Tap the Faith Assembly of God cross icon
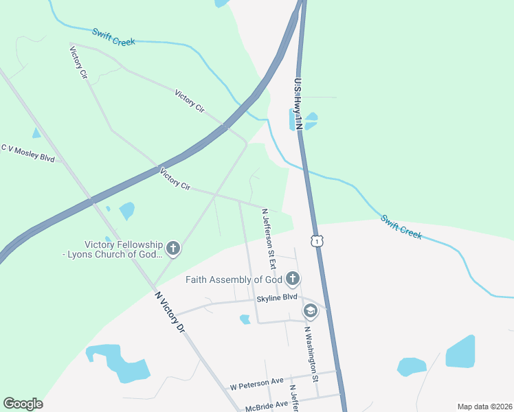pyautogui.click(x=293, y=278)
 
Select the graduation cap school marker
pyautogui.click(x=310, y=311)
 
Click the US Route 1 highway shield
pyautogui.click(x=315, y=240)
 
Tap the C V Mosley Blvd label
pyautogui.click(x=27, y=152)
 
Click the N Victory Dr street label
pyautogui.click(x=170, y=312)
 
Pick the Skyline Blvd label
pyautogui.click(x=277, y=297)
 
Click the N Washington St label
pyautogui.click(x=311, y=354)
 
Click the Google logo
pyautogui.click(x=23, y=404)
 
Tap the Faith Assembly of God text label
pyautogui.click(x=234, y=279)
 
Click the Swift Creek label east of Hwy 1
pyautogui.click(x=401, y=227)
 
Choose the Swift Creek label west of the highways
pyautogui.click(x=113, y=36)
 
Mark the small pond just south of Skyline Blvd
pyautogui.click(x=245, y=319)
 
